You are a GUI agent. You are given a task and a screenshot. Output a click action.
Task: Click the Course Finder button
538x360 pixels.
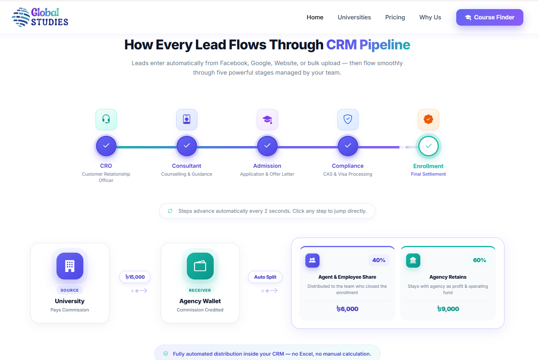click(489, 17)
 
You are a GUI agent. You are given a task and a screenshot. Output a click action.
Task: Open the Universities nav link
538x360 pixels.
click(354, 17)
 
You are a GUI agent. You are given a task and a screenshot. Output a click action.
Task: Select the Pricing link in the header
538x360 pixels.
click(395, 17)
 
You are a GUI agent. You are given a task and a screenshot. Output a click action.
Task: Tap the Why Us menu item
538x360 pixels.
click(430, 17)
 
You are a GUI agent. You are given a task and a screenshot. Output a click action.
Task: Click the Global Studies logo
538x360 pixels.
click(40, 17)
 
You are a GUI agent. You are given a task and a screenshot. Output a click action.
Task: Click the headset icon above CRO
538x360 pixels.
click(106, 120)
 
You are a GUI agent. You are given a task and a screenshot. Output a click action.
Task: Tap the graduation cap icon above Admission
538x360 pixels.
click(267, 120)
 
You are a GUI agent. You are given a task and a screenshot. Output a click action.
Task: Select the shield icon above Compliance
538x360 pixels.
click(348, 120)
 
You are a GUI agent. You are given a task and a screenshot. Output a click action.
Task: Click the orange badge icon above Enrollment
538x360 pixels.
click(429, 120)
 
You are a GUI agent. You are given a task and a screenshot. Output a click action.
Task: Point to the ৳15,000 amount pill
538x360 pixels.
click(135, 277)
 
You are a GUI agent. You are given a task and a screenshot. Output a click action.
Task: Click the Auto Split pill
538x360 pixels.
click(265, 277)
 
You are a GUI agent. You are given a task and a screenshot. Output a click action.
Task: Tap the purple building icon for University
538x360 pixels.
click(70, 266)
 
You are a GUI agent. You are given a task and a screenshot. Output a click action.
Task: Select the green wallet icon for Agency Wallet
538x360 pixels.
click(200, 266)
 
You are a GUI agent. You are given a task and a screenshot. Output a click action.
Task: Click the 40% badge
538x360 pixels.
click(379, 260)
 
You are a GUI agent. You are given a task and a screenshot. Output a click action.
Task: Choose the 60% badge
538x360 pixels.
click(480, 260)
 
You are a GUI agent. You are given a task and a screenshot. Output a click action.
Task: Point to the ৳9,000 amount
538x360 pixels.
click(448, 309)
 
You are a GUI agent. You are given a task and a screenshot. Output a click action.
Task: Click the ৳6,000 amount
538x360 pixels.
click(347, 309)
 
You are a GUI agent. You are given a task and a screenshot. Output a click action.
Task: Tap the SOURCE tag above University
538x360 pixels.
click(70, 290)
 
